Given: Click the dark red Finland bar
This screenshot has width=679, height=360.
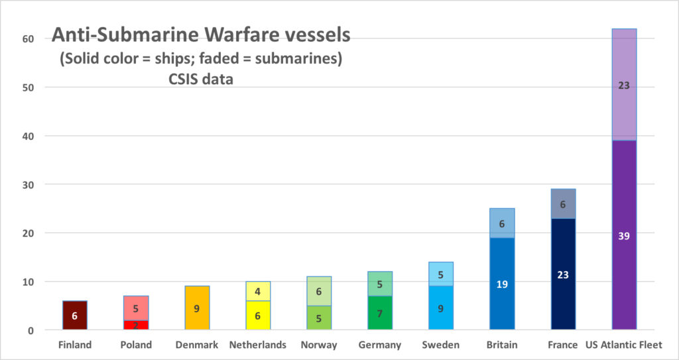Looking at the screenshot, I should point(75,315).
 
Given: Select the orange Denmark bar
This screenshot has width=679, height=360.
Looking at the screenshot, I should point(197,307).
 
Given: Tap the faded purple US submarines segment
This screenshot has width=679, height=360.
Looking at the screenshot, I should point(624,84).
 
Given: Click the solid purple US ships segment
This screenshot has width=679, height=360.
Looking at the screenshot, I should point(624,235).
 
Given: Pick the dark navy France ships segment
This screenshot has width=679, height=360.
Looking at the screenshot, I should point(563,274).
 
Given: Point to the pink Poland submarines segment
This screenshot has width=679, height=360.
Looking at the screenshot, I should point(136,308).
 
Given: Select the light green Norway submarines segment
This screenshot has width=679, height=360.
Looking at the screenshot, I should point(319,291).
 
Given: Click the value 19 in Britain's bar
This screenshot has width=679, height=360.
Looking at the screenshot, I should point(502,284).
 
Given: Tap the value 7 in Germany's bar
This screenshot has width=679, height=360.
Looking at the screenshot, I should point(380,314).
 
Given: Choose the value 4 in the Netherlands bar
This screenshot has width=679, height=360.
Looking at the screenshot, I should point(258,291).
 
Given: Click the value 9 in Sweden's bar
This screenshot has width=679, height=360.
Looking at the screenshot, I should point(441,308).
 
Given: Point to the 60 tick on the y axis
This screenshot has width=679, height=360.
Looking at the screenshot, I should point(29,38).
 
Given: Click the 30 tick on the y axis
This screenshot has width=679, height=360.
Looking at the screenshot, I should point(29,184).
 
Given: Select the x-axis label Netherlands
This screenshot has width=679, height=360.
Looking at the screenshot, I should point(258,345).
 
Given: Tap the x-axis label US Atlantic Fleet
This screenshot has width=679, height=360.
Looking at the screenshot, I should point(624,345).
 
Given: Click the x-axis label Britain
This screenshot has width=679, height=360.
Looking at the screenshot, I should point(502,345).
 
